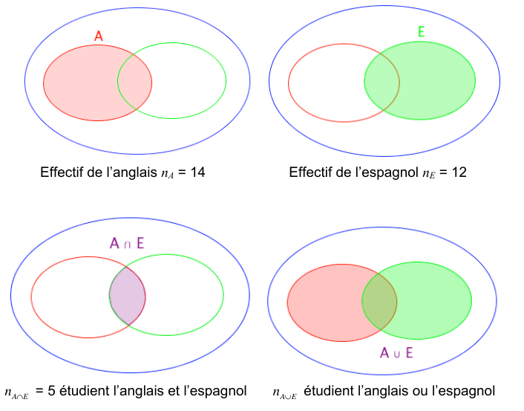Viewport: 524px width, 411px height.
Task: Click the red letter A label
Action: pyautogui.click(x=98, y=36)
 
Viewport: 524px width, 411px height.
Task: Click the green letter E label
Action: pyautogui.click(x=422, y=31)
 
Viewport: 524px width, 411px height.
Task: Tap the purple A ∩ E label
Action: pyautogui.click(x=127, y=243)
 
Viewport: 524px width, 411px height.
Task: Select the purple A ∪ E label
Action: pyautogui.click(x=396, y=353)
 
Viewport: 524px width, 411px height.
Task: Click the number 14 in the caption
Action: pyautogui.click(x=197, y=172)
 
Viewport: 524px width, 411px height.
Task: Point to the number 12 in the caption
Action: pyautogui.click(x=459, y=172)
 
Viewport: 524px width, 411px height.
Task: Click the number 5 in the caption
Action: pyautogui.click(x=51, y=391)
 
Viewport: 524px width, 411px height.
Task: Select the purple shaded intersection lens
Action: pyautogui.click(x=128, y=296)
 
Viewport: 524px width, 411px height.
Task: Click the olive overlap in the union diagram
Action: pyautogui.click(x=379, y=302)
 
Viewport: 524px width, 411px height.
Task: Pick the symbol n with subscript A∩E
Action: pyautogui.click(x=16, y=393)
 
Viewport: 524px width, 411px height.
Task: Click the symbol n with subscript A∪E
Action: pyautogui.click(x=285, y=393)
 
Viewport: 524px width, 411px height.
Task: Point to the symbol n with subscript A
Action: pyautogui.click(x=168, y=174)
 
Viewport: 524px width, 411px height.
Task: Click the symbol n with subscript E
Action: pyautogui.click(x=429, y=174)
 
